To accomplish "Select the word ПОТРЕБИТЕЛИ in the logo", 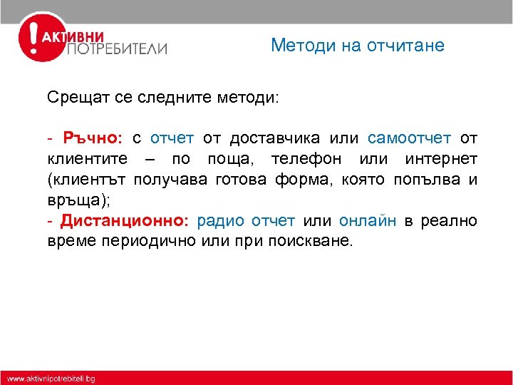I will coord(117,48).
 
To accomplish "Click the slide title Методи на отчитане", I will coord(357,46).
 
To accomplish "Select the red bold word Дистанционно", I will coord(124,220).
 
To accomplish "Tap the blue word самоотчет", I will coord(409,138).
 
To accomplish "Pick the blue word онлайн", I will coord(368,220).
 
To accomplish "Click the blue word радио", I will coord(220,220).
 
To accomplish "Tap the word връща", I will coord(75,200).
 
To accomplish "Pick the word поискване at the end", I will coord(310,241).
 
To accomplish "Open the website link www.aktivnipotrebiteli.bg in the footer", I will coord(51,378).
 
